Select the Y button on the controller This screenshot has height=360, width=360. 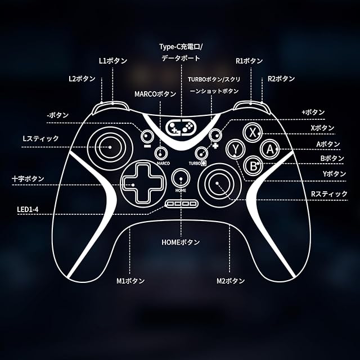(235, 150)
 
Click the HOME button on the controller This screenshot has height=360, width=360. (181, 178)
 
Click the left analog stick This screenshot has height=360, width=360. (110, 147)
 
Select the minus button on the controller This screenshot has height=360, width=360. (147, 136)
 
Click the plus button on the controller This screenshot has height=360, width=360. (215, 136)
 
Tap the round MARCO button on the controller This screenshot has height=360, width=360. (162, 152)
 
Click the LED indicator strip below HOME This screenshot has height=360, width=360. (181, 204)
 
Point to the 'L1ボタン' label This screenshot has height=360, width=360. (112, 60)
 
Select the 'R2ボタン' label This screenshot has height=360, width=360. (281, 79)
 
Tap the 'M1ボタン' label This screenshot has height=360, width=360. (130, 280)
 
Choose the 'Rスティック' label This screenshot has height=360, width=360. (329, 194)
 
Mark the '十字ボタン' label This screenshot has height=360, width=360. (28, 179)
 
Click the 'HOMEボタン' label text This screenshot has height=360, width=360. (180, 242)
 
